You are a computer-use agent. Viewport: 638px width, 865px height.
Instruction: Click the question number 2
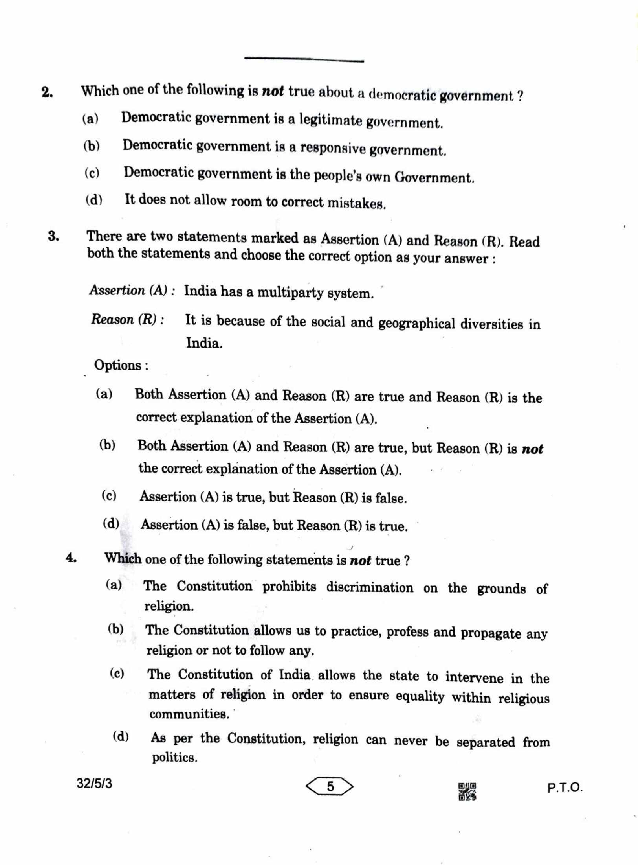pos(47,93)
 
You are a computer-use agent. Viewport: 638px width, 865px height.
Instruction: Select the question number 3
pos(53,237)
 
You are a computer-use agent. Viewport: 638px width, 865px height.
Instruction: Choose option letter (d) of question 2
pos(94,200)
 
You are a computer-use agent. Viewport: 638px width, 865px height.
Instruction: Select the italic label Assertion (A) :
pos(132,291)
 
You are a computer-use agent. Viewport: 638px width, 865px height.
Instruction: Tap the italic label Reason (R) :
pos(128,319)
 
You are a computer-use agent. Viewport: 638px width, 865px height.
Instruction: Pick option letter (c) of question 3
pos(109,496)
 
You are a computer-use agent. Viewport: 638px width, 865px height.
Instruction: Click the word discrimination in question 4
pos(369,587)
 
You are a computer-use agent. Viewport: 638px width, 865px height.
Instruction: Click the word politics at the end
pos(174,758)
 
